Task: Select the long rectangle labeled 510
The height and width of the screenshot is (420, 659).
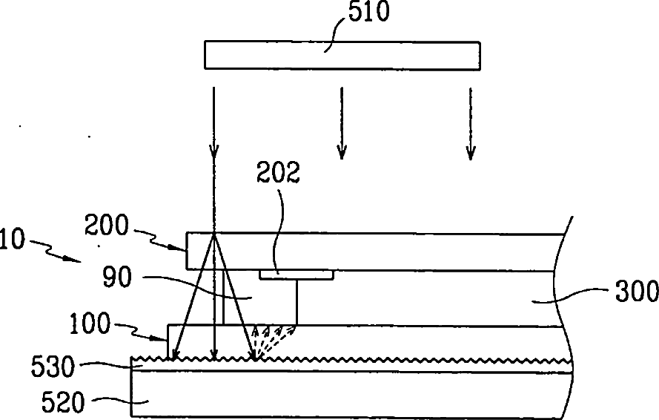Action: point(342,55)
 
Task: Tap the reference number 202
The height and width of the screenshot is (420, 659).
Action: point(278,173)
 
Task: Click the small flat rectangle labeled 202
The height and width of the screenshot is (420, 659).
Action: point(297,275)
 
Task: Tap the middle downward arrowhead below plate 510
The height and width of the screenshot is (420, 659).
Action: point(341,154)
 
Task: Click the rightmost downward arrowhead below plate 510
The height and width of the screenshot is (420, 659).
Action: point(470,154)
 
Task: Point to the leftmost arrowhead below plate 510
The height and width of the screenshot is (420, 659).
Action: point(213,154)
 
